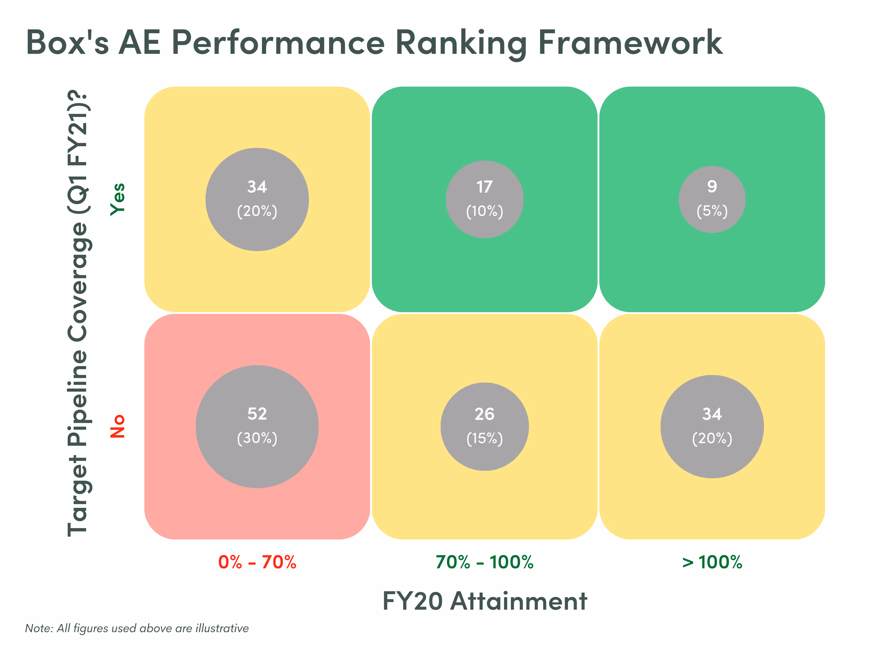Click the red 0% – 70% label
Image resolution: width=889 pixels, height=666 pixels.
pyautogui.click(x=257, y=562)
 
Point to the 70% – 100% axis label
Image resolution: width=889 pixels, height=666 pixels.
pyautogui.click(x=485, y=562)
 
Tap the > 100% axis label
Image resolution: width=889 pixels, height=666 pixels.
pyautogui.click(x=712, y=562)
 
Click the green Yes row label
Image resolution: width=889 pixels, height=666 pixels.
pyautogui.click(x=118, y=200)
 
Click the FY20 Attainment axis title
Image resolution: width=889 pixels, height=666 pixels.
pyautogui.click(x=485, y=601)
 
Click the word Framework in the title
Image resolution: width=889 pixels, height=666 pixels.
pyautogui.click(x=630, y=42)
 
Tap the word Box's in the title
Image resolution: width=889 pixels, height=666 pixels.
pyautogui.click(x=68, y=42)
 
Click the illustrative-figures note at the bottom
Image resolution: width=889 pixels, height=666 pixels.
pyautogui.click(x=137, y=628)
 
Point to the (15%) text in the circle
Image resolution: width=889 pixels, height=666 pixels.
pyautogui.click(x=485, y=438)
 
